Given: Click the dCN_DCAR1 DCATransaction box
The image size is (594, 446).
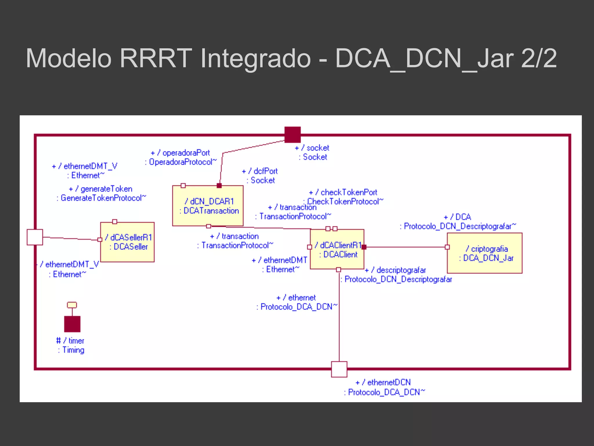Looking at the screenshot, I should coord(208,206).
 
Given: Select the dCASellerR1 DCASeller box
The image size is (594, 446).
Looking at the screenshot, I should coord(127,242).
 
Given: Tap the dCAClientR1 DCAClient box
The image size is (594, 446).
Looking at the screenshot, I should coord(337,249).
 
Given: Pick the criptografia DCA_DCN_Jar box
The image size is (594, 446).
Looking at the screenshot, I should coord(485,253).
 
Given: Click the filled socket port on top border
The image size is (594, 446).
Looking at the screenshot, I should coord(292,135).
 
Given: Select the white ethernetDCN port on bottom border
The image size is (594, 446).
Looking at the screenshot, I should coord(339,369).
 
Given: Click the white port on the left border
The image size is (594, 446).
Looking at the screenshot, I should coord(35,237).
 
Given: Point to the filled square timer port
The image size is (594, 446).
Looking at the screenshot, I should coord(72,324).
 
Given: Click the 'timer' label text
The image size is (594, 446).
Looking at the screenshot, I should coord(76,341).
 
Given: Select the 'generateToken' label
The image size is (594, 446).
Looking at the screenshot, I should coord(106,189).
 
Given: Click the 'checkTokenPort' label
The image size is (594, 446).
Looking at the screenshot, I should coord(349,193).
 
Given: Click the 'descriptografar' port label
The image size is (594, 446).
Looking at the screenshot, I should coord(401,270).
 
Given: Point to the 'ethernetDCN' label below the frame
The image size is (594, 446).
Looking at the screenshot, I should coord(389,382).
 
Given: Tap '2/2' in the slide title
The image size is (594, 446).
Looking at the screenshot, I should coord(539,59).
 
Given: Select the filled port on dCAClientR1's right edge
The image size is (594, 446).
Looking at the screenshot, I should coord(364,247).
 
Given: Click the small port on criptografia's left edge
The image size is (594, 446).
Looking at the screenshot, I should coord(447,247).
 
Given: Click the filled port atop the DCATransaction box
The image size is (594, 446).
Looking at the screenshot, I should coord(219,186).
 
